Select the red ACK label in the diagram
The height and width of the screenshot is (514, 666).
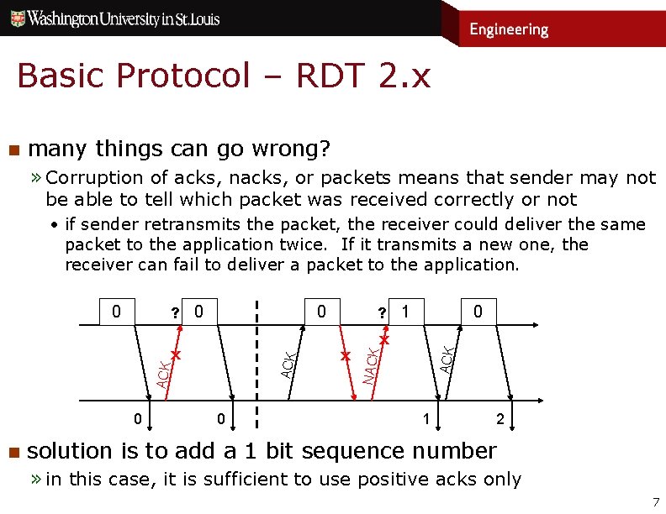[x=164, y=369]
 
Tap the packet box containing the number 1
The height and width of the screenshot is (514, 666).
[x=406, y=312]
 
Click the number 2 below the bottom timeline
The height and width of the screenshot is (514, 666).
[x=501, y=418]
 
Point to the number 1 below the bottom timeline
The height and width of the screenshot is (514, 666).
[x=426, y=418]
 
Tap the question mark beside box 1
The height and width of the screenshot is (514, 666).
[x=382, y=313]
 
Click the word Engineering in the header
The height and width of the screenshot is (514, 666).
[x=509, y=29]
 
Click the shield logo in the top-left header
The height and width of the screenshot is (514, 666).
[x=16, y=18]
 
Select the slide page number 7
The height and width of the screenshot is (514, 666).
[x=656, y=503]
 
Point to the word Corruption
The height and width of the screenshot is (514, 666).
[x=96, y=177]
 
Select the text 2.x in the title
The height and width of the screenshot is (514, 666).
[x=404, y=76]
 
